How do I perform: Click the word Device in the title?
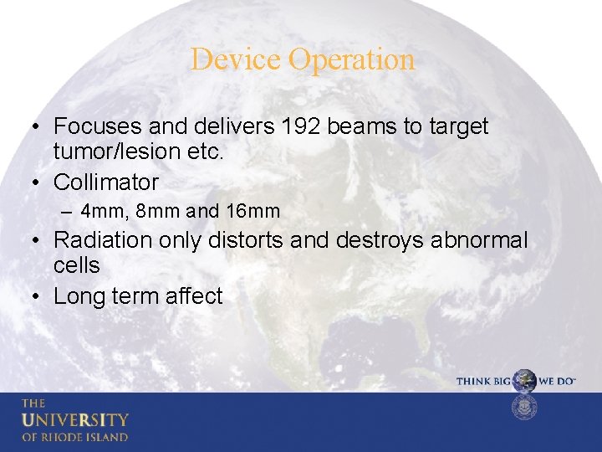[236, 59]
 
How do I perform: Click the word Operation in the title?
[350, 59]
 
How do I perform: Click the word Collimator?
[106, 182]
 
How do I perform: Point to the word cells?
[76, 266]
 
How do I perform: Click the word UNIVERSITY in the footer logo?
[75, 419]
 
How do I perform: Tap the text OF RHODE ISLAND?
[75, 437]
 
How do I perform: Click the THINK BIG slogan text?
[483, 382]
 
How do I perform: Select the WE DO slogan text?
[557, 382]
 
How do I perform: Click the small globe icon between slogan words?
[524, 381]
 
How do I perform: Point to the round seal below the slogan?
[524, 408]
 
